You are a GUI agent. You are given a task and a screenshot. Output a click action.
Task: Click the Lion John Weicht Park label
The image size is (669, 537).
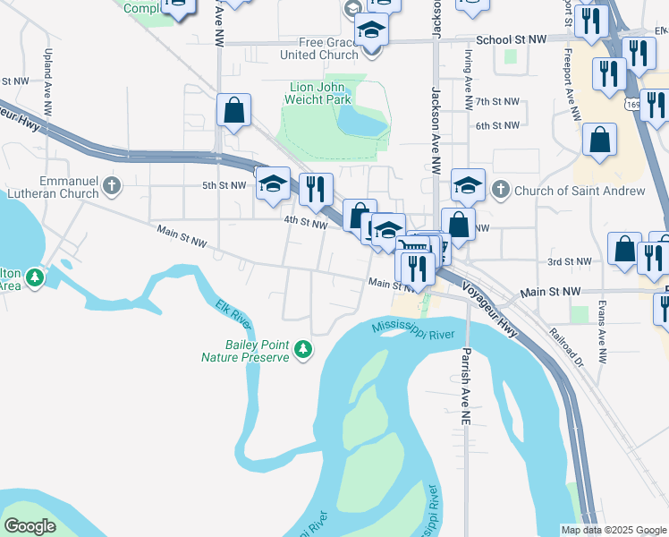(x=320, y=93)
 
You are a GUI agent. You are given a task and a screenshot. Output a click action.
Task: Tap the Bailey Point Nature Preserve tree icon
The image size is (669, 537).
(x=304, y=349)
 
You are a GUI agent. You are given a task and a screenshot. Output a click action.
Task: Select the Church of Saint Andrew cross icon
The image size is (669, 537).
(x=501, y=190)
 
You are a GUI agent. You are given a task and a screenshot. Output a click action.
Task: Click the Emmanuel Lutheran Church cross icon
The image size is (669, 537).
(x=111, y=186)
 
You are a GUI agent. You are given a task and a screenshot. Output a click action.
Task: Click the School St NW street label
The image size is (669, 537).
(x=511, y=40)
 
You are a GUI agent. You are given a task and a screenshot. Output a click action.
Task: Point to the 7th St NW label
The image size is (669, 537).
(x=497, y=102)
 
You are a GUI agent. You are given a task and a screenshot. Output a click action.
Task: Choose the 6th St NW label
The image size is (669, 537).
(x=497, y=125)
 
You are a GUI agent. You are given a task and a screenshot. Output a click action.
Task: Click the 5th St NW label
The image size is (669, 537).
(x=224, y=185)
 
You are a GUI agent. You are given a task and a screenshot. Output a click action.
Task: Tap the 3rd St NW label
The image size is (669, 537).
(x=570, y=261)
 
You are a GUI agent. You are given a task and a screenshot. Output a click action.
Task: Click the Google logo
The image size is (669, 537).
(x=30, y=525)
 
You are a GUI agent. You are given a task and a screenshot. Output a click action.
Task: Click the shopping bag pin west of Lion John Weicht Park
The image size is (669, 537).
(x=233, y=112)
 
